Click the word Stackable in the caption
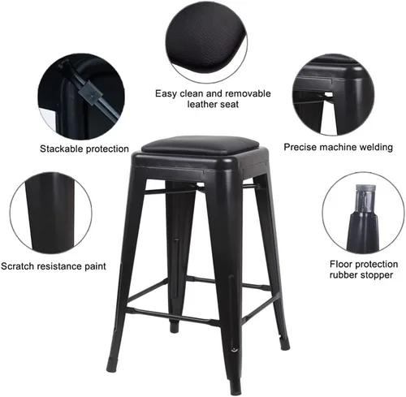62,149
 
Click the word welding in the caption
378,148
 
